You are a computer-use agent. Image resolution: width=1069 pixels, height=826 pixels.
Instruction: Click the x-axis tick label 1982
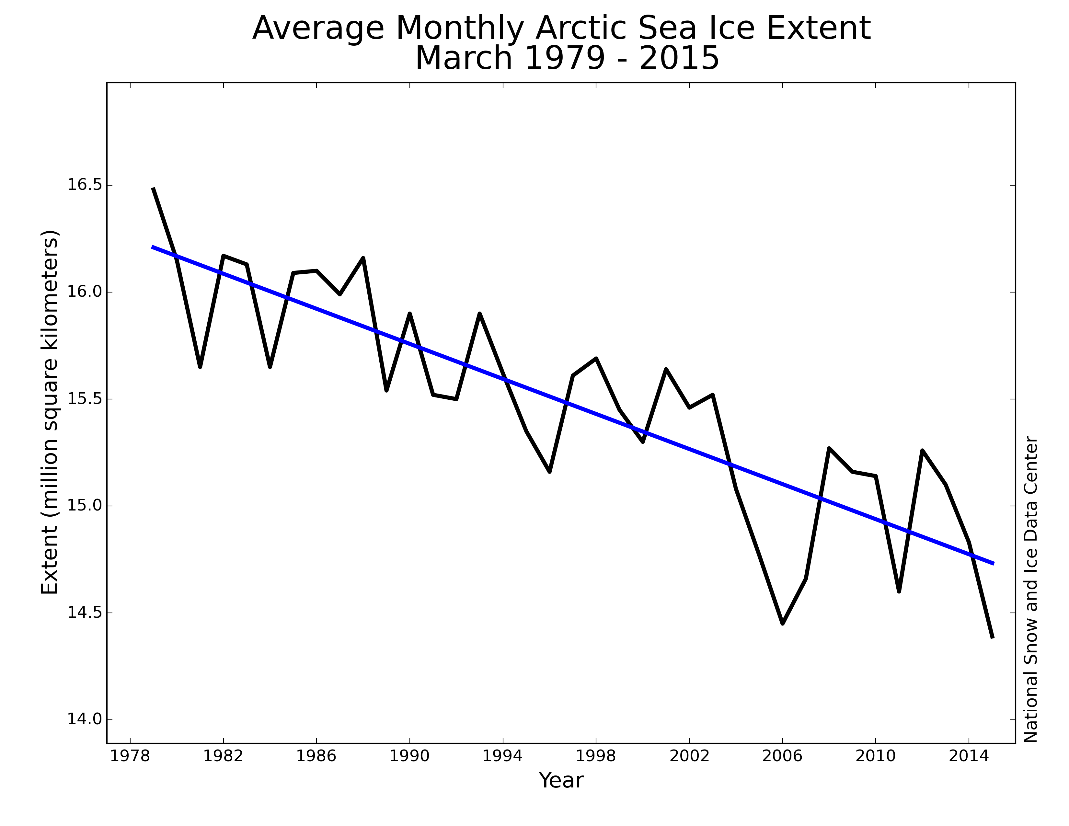[223, 756]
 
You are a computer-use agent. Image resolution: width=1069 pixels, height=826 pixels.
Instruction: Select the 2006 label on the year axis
[782, 756]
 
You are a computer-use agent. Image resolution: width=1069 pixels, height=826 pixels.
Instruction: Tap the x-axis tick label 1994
[503, 756]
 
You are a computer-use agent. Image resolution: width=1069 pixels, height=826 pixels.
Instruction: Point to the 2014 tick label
[969, 756]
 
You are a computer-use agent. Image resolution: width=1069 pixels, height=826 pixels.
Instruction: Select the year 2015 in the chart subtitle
[679, 59]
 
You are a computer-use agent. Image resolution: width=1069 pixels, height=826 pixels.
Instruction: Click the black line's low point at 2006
[782, 624]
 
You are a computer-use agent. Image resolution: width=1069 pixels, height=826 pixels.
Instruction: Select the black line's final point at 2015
[992, 637]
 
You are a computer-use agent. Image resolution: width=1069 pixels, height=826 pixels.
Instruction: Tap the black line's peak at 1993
[480, 314]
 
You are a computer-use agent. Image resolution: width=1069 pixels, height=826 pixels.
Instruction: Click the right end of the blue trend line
[993, 564]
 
